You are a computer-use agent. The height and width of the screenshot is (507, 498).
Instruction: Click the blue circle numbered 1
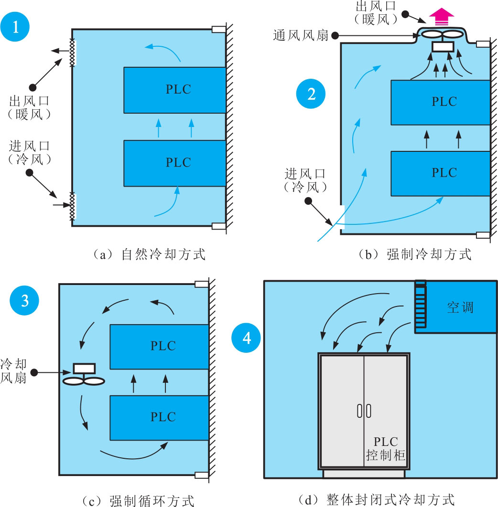(16, 27)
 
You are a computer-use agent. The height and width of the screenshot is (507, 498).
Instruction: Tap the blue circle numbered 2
(311, 94)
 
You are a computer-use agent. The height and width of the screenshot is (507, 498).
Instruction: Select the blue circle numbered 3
(25, 301)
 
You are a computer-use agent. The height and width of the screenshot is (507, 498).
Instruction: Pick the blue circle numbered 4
(247, 338)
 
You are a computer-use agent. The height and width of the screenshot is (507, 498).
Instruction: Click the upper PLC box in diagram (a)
(174, 90)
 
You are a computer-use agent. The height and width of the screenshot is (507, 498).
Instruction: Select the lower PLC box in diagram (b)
(440, 172)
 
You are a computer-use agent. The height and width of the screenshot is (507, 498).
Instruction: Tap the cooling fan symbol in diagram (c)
(84, 375)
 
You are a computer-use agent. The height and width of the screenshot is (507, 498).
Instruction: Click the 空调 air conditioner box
(460, 307)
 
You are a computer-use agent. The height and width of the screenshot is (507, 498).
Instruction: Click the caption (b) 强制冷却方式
(415, 254)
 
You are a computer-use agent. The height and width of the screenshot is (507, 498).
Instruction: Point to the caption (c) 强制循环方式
(139, 501)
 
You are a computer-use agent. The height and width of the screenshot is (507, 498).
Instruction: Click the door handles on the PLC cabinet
(364, 411)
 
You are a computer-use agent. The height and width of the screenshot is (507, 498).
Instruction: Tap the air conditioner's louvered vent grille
(420, 305)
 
